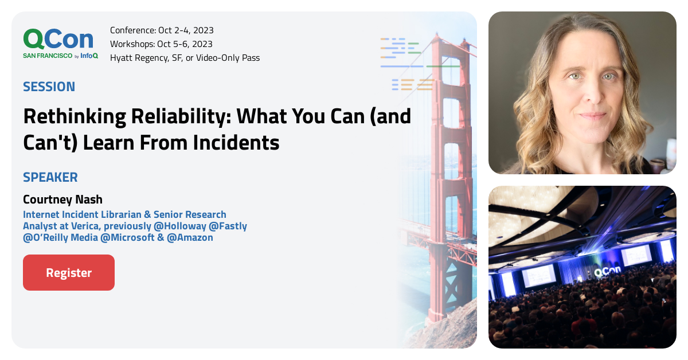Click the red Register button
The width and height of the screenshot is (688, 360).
pos(69,273)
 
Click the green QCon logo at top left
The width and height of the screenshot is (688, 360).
pos(58,39)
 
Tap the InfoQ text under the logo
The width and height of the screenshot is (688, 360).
pos(89,56)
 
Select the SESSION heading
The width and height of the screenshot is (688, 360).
pos(49,87)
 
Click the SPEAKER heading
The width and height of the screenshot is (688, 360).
pos(50,177)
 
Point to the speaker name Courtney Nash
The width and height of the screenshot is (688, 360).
pos(62,199)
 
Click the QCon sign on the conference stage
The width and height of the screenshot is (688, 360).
pos(607,273)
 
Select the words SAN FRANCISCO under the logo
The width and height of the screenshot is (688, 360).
pos(48,56)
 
